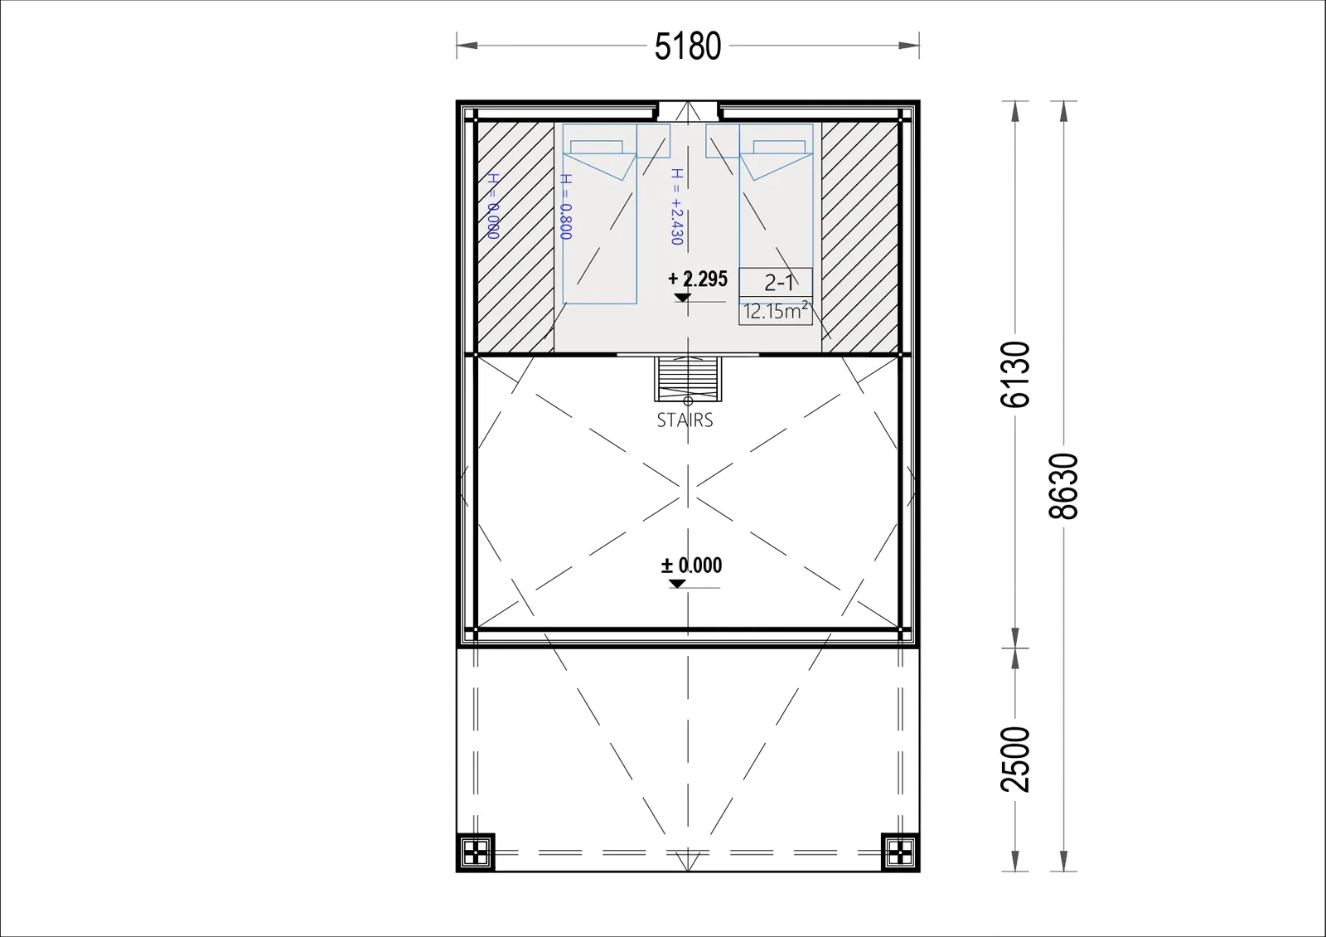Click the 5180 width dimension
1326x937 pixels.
pyautogui.click(x=688, y=46)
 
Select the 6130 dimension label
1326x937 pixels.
pyautogui.click(x=1015, y=374)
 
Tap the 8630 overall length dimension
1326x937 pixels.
pyautogui.click(x=1063, y=486)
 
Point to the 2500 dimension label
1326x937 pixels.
pyautogui.click(x=1015, y=760)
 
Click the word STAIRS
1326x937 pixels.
pyautogui.click(x=685, y=420)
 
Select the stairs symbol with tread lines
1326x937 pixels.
pyautogui.click(x=688, y=379)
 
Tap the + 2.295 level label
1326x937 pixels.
pyautogui.click(x=698, y=279)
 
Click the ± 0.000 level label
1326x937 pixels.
pyautogui.click(x=691, y=565)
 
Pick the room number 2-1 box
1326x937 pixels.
pyautogui.click(x=776, y=282)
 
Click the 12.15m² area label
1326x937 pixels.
pyautogui.click(x=776, y=311)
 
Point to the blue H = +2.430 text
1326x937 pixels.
pyautogui.click(x=677, y=206)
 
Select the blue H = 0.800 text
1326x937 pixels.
pyautogui.click(x=566, y=206)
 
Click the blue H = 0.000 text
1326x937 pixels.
pyautogui.click(x=493, y=206)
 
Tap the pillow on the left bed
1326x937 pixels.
pyautogui.click(x=596, y=147)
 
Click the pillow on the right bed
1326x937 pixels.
pyautogui.click(x=779, y=147)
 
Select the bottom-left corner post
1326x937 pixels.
pyautogui.click(x=476, y=853)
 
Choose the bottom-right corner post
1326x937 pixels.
pyautogui.click(x=900, y=853)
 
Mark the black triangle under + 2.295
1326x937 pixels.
pyautogui.click(x=683, y=298)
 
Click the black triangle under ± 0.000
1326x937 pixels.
pyautogui.click(x=677, y=584)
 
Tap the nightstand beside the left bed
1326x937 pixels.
pyautogui.click(x=654, y=140)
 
